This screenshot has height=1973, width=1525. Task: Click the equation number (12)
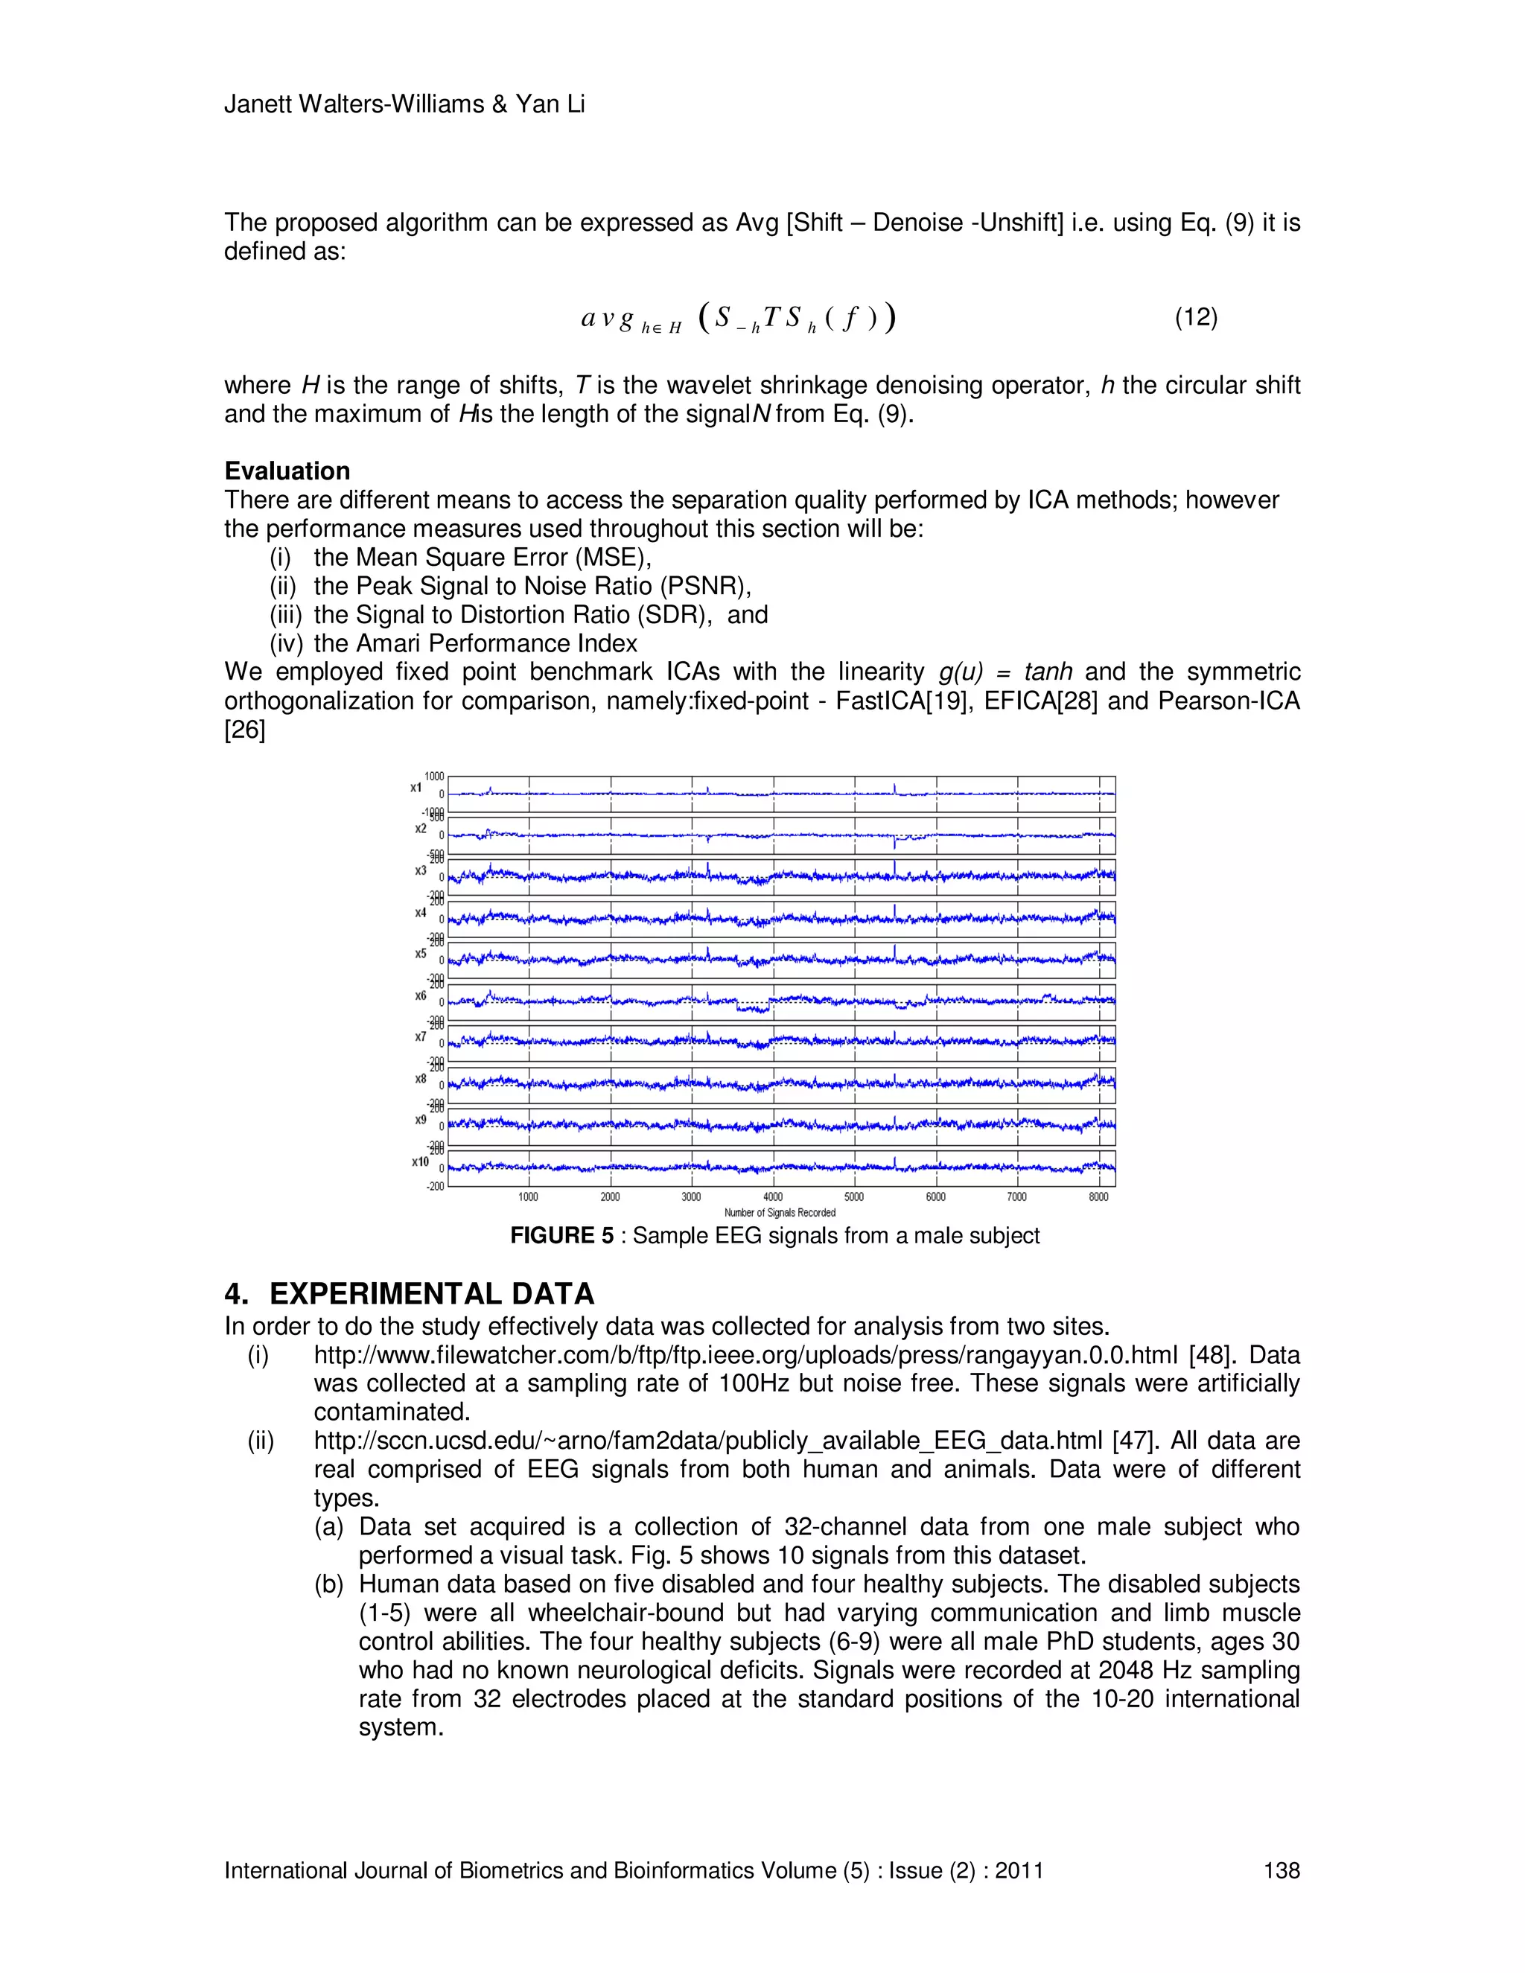(x=1195, y=317)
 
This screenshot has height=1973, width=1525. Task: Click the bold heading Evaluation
(x=287, y=471)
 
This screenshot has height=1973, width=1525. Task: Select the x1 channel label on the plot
(x=416, y=788)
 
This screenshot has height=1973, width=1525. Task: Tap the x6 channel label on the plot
(x=420, y=995)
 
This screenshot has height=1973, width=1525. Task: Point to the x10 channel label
(x=420, y=1161)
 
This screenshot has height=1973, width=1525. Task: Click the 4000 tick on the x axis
(x=772, y=1197)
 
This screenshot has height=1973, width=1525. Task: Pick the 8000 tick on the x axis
(x=1098, y=1197)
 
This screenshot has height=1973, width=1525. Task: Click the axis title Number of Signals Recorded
(x=780, y=1212)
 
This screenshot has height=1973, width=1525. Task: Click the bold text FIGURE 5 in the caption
(x=561, y=1236)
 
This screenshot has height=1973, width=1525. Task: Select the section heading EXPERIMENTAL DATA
(x=431, y=1294)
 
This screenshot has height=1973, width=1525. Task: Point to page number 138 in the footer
(x=1281, y=1871)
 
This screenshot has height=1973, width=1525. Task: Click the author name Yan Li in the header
(x=550, y=104)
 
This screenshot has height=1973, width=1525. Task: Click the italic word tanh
(x=1048, y=672)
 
